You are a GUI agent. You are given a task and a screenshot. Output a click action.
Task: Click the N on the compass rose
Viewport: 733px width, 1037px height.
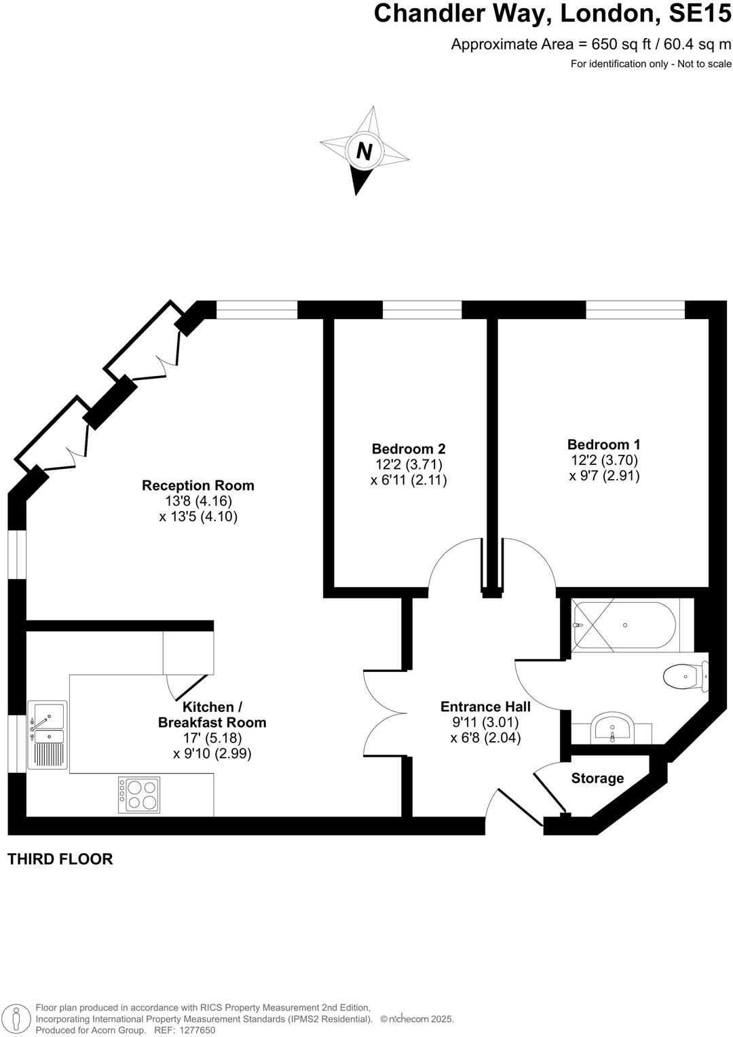point(364,151)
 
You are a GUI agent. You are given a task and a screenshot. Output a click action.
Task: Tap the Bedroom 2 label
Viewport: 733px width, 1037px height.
point(409,449)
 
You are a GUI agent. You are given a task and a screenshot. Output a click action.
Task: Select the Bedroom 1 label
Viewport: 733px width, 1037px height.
point(603,445)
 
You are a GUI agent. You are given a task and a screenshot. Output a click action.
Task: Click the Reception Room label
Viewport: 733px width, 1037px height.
point(198,485)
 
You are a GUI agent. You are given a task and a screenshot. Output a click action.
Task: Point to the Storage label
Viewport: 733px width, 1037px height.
point(597,778)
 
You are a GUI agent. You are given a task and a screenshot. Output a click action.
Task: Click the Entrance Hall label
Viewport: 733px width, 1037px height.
point(485,706)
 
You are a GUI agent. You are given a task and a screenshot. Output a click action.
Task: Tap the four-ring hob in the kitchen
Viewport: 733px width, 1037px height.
point(139,795)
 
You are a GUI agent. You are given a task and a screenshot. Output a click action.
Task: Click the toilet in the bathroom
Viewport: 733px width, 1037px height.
point(683,676)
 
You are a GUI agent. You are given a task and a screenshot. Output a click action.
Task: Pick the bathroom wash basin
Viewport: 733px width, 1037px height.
point(612,730)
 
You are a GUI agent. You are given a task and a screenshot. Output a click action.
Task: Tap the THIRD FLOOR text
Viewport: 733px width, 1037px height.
point(60,859)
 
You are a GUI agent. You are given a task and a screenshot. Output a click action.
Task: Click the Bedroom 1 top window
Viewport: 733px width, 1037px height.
point(635,310)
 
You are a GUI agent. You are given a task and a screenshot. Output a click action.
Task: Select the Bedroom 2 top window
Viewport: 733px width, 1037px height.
point(422,310)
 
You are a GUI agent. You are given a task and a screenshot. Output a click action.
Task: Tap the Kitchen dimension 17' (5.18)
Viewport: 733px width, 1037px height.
point(212,738)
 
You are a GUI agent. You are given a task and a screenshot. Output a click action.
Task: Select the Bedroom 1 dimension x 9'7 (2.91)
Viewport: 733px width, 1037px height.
point(604,476)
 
